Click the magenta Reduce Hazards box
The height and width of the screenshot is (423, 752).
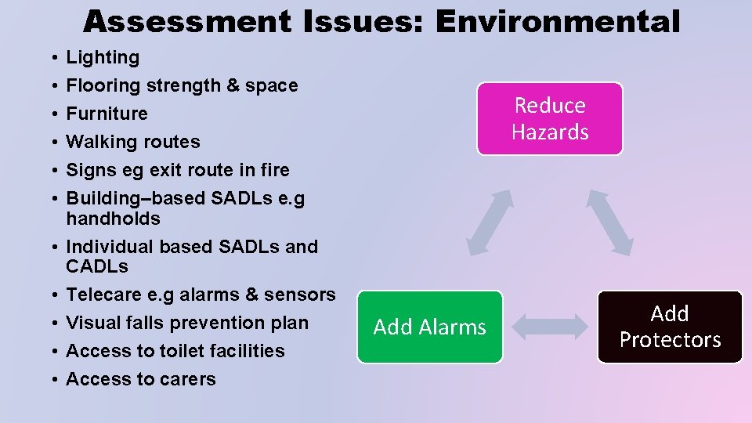(x=550, y=118)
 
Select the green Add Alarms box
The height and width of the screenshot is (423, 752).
(x=429, y=327)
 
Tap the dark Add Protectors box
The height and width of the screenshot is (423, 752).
(x=670, y=327)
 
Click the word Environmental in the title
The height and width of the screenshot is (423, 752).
(x=558, y=22)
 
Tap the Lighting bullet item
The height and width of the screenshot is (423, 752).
(x=103, y=57)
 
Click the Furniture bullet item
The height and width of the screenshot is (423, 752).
(x=107, y=114)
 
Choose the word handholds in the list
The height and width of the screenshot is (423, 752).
(x=113, y=219)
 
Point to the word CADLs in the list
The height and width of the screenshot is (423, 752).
(x=97, y=266)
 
